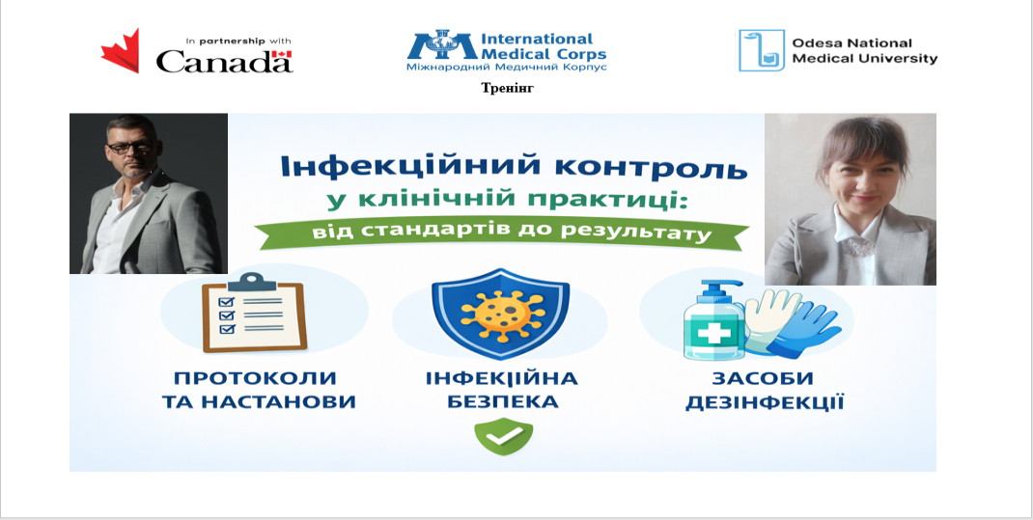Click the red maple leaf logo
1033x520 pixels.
[121, 51]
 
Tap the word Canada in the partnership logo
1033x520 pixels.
[225, 61]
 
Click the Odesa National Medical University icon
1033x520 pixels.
[762, 50]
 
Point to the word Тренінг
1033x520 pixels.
[507, 88]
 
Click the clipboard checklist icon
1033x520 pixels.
[254, 312]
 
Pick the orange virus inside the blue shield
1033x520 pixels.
[502, 310]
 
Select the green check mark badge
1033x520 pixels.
[504, 435]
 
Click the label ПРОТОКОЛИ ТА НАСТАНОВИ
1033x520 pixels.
[259, 390]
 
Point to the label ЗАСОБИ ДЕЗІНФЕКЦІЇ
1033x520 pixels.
[765, 390]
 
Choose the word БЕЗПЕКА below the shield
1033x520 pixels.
[503, 401]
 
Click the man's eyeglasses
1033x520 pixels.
[129, 148]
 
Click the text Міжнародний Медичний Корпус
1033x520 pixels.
[506, 67]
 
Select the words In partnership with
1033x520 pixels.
[237, 41]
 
